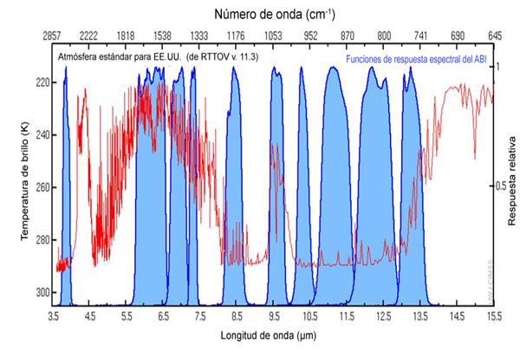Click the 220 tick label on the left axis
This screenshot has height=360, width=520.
tap(41, 82)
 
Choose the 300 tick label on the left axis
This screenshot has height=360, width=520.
tap(41, 292)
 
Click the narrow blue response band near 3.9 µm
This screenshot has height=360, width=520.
tap(65, 191)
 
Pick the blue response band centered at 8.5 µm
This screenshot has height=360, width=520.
tap(234, 191)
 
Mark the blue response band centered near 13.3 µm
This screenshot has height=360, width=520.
tap(411, 191)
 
